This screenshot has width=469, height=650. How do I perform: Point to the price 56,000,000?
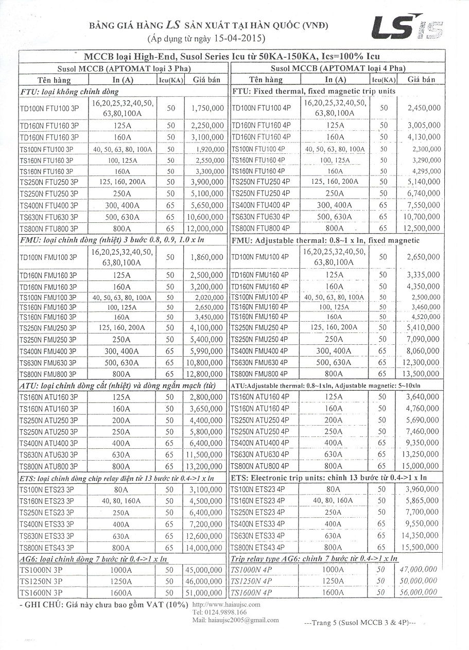(x=418, y=593)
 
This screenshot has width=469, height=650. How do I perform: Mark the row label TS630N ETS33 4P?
(x=257, y=536)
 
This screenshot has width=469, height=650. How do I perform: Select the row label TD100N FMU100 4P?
(x=256, y=257)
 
